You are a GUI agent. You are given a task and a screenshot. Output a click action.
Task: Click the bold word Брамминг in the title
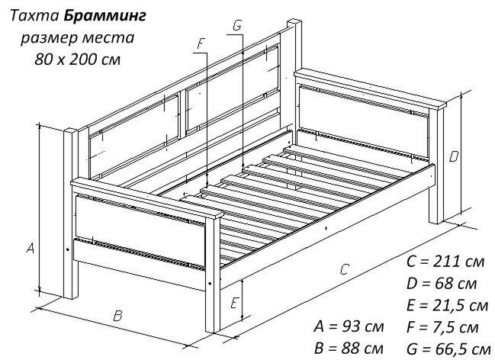[x=104, y=16]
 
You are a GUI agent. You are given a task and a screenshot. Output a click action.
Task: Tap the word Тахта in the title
[x=35, y=16]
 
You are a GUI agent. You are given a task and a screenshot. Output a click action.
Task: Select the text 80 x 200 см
[x=77, y=59]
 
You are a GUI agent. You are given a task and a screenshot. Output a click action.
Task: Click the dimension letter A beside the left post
[x=30, y=248]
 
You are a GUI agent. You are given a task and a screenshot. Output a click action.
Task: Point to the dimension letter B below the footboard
[x=117, y=316]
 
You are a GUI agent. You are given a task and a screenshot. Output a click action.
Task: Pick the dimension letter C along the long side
[x=345, y=269]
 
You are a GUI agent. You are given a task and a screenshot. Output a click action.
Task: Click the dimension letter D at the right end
[x=454, y=156]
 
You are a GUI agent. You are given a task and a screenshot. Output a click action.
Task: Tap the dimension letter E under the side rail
[x=234, y=303]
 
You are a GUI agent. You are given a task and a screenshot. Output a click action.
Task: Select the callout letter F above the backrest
[x=201, y=43]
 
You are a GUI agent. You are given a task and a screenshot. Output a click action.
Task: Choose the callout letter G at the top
[x=237, y=25]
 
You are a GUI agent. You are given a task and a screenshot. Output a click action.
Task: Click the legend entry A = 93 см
[x=349, y=326]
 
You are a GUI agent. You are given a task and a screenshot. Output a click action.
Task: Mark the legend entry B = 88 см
[x=349, y=348]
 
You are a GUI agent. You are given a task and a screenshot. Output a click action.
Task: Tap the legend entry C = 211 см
[x=445, y=262]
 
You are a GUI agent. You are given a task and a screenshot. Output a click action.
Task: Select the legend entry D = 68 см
[x=442, y=284]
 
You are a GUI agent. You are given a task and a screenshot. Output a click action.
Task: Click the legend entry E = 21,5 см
[x=448, y=306]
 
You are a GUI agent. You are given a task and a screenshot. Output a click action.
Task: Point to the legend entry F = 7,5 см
[x=442, y=327]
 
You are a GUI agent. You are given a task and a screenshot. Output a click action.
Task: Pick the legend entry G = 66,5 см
[x=448, y=349]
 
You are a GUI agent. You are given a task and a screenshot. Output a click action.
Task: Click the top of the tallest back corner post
[x=294, y=24]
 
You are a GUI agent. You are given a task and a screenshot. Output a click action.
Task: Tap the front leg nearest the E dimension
[x=213, y=275]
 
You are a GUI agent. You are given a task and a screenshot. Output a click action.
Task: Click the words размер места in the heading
[x=78, y=38]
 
